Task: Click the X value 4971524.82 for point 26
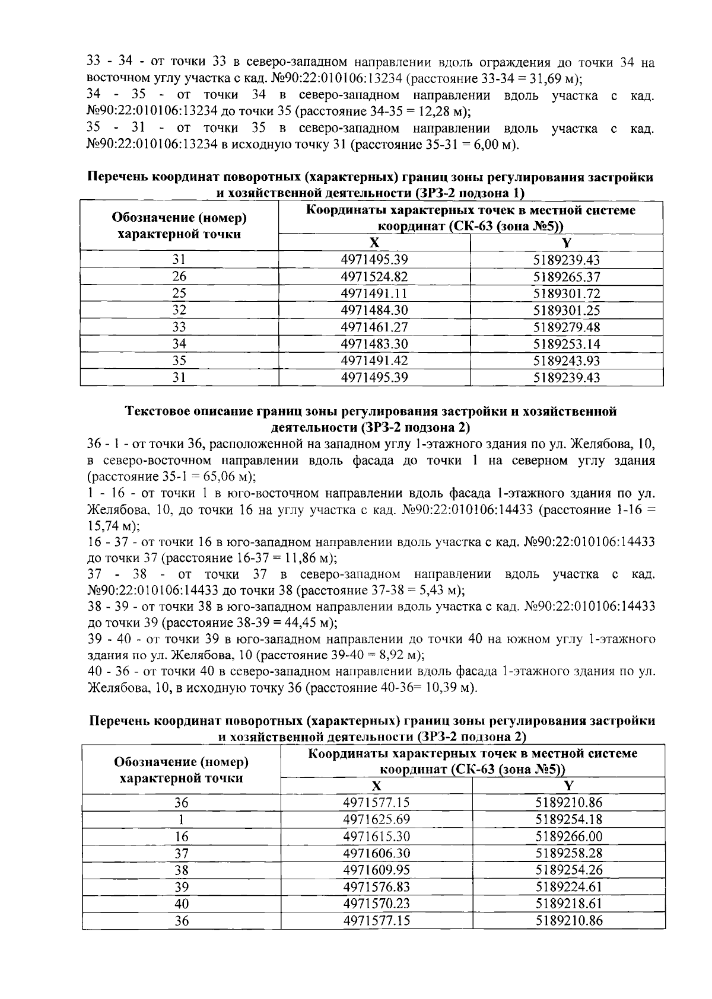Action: tap(374, 277)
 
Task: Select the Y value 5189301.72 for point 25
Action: tap(567, 293)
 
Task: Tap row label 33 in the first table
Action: tap(179, 327)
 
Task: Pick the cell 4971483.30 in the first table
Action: tap(374, 344)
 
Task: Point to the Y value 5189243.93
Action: tap(567, 360)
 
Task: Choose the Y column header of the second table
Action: tap(568, 786)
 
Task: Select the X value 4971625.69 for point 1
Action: tap(377, 819)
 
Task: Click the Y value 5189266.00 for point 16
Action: tap(568, 837)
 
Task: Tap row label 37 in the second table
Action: tap(182, 853)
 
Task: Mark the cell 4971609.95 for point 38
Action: tap(377, 870)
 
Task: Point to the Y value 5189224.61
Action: tap(568, 887)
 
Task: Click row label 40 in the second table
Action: tap(182, 904)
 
